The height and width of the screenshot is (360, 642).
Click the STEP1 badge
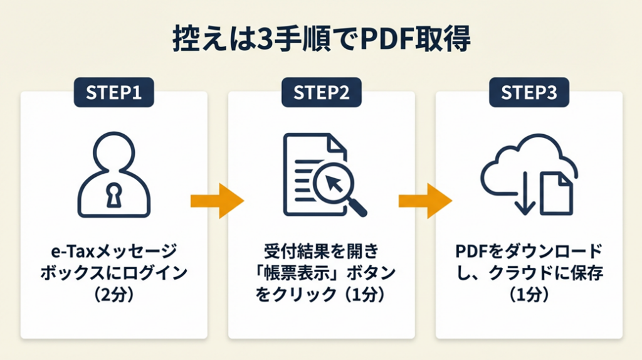[113, 92]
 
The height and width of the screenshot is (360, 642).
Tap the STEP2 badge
[321, 92]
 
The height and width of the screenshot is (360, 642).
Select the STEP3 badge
[529, 92]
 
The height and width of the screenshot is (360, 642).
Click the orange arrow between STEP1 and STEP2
[217, 201]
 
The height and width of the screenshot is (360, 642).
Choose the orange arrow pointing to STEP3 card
[425, 201]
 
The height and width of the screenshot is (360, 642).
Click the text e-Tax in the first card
[70, 253]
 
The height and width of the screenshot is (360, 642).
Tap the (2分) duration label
[113, 294]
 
